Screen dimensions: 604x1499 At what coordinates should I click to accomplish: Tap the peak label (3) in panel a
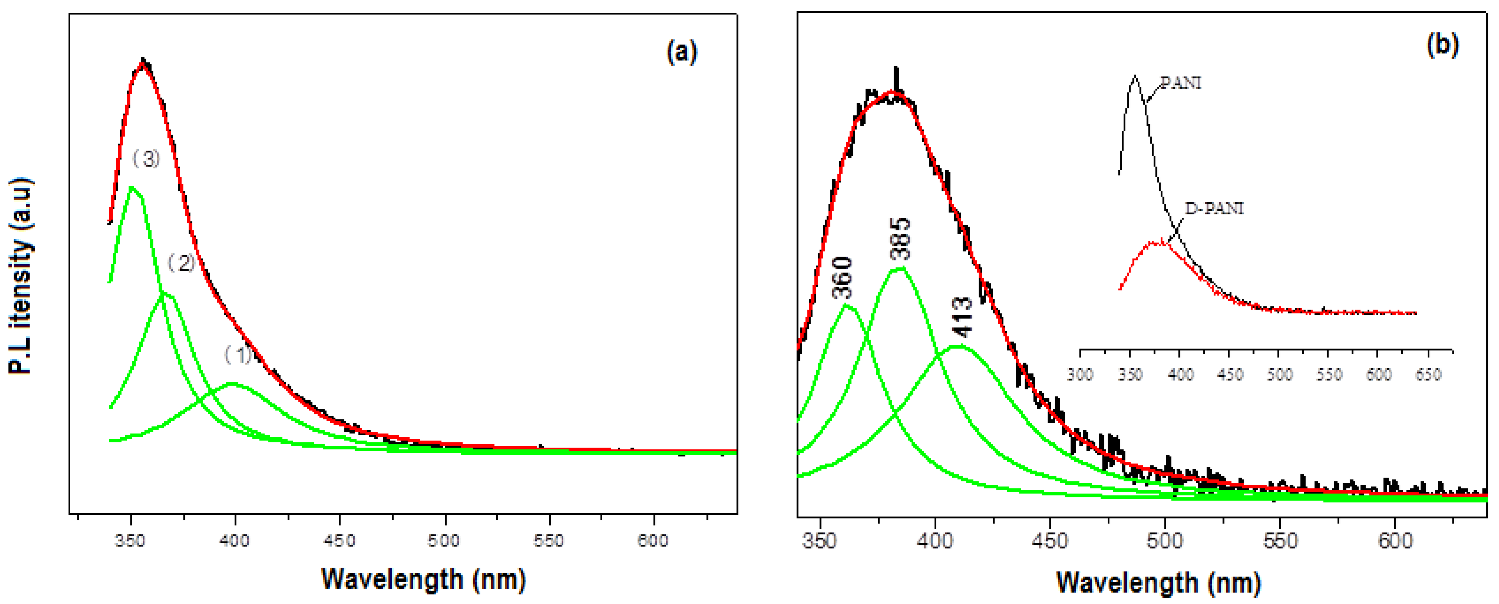coord(146,158)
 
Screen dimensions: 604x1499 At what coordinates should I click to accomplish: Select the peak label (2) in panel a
coord(181,263)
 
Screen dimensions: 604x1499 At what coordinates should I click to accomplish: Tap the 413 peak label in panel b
coord(963,317)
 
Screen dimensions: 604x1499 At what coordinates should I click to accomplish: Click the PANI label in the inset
coord(1180,83)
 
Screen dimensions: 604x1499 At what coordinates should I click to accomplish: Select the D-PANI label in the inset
coord(1214,208)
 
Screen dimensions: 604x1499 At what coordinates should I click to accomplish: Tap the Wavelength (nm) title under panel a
coord(423,579)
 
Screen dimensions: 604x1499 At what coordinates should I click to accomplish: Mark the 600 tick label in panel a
coord(652,541)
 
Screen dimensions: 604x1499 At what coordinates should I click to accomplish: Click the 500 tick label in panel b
coord(1165,541)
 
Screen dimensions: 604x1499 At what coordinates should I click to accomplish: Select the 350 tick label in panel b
coord(820,541)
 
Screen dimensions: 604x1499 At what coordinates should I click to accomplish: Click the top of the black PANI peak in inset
coord(1135,76)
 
